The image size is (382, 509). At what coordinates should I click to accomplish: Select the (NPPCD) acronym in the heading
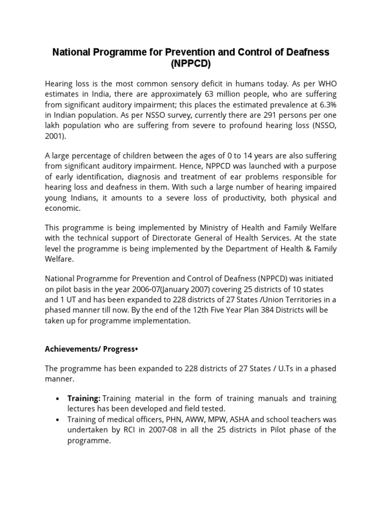191,64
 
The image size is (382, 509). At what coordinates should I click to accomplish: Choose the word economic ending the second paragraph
62,208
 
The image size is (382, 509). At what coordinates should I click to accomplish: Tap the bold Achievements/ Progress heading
91,349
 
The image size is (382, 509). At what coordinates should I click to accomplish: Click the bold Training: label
84,398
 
